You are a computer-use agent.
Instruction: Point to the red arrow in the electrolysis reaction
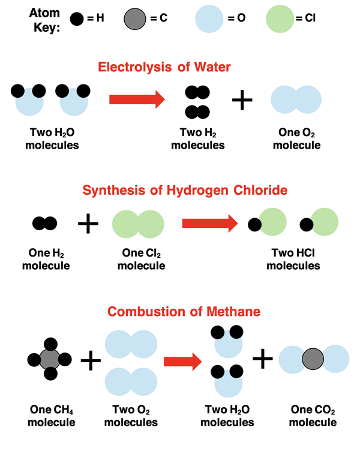coord(136,99)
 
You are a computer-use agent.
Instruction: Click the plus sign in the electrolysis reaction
coord(242,100)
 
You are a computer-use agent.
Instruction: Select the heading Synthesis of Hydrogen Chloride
coord(185,191)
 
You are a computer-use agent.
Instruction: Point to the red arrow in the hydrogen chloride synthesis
coord(209,224)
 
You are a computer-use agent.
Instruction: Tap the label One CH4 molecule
coord(52,416)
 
